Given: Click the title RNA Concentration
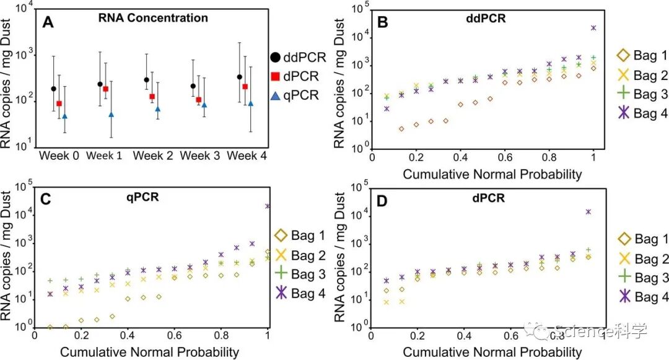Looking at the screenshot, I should point(153,17).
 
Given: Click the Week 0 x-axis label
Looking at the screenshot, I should point(59,156).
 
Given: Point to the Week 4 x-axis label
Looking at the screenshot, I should point(247,156).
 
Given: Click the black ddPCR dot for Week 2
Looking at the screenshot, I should point(146,80).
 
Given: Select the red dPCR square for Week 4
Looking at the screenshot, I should point(245,87).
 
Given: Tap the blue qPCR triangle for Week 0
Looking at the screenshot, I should point(64,116).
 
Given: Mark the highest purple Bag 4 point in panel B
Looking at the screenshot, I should point(593,28).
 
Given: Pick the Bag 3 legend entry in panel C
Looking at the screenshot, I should point(297,273).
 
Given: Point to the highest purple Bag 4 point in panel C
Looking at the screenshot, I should point(268,206).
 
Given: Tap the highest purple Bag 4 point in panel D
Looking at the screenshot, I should point(588,212).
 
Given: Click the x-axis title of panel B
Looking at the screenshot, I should point(492,174).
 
